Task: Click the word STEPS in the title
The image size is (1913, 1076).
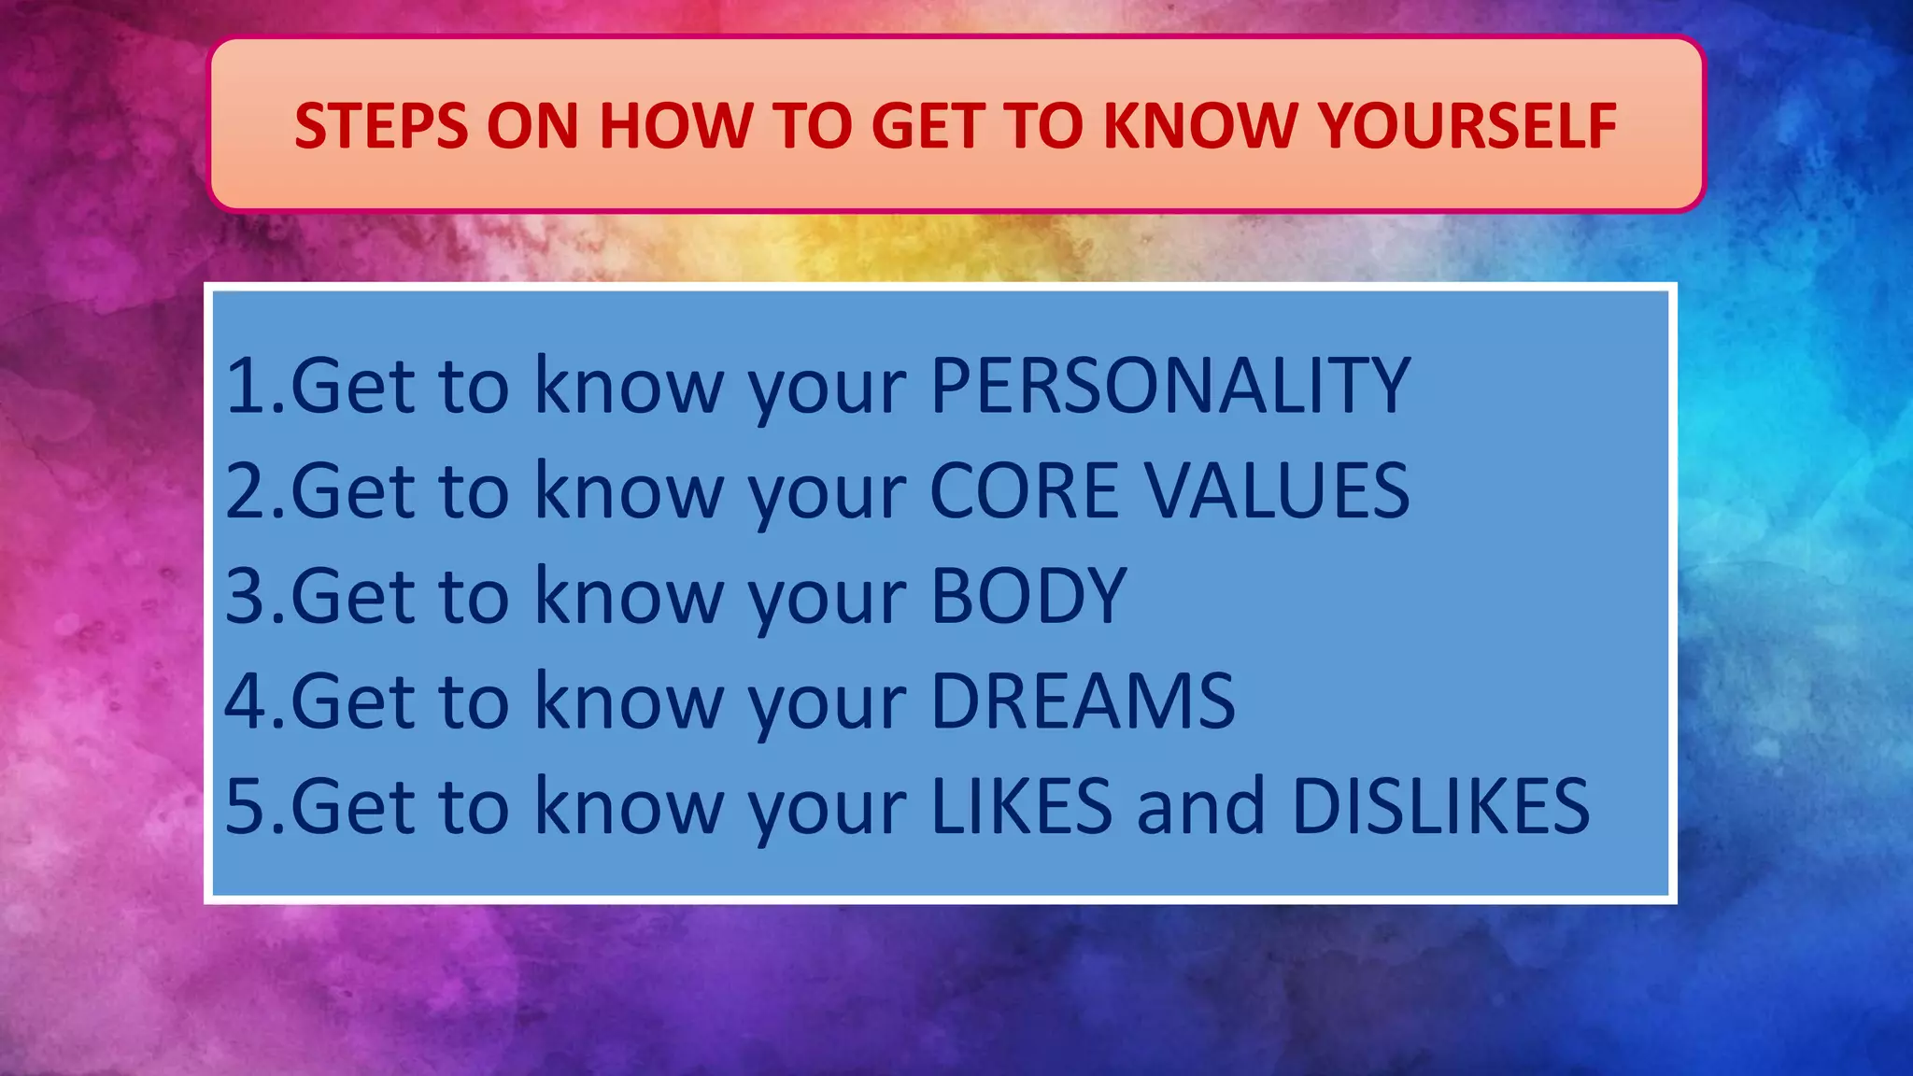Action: pos(381,125)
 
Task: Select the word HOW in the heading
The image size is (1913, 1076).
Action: pos(675,125)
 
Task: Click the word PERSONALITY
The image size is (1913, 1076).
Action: pos(1169,385)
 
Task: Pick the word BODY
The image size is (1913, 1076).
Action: pos(1028,596)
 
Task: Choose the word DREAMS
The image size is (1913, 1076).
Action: pos(1083,701)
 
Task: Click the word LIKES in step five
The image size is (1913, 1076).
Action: pos(1021,806)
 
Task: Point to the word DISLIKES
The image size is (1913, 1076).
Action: pos(1439,806)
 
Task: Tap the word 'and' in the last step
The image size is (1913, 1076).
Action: pos(1200,806)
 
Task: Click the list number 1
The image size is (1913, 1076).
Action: pos(246,385)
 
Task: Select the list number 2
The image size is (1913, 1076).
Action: pos(246,490)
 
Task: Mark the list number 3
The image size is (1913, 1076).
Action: pos(246,596)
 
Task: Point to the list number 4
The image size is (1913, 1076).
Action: pos(246,701)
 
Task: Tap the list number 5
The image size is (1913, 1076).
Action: pos(246,806)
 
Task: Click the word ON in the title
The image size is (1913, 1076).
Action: pos(525,125)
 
